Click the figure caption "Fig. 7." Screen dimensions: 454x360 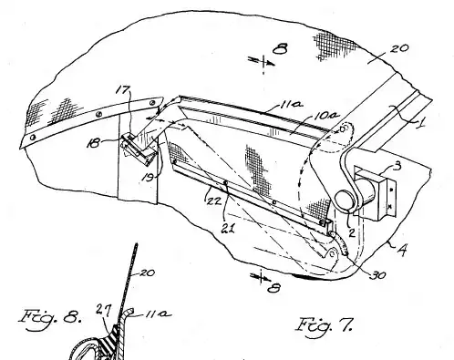coord(325,325)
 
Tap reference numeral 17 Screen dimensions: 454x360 coord(124,90)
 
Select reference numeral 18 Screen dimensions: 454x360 coord(94,142)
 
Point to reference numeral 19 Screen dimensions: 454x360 coord(149,177)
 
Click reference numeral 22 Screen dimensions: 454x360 coord(213,201)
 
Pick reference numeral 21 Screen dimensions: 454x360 coord(228,228)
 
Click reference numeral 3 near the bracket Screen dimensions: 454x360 coord(397,166)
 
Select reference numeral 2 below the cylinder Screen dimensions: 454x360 coord(352,232)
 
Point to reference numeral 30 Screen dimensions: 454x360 coord(378,275)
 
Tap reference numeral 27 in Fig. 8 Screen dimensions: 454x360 coord(103,310)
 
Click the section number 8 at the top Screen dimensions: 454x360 coord(280,48)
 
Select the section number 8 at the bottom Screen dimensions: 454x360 coord(273,287)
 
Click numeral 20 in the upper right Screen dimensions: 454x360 coord(399,48)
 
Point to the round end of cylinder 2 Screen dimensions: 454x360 coord(345,200)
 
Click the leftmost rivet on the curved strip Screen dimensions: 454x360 coord(33,138)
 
